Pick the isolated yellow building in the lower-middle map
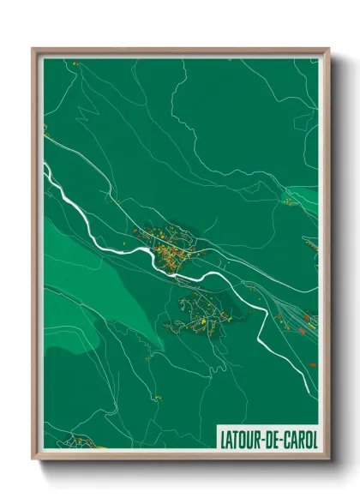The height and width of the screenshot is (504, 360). coord(159,397)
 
